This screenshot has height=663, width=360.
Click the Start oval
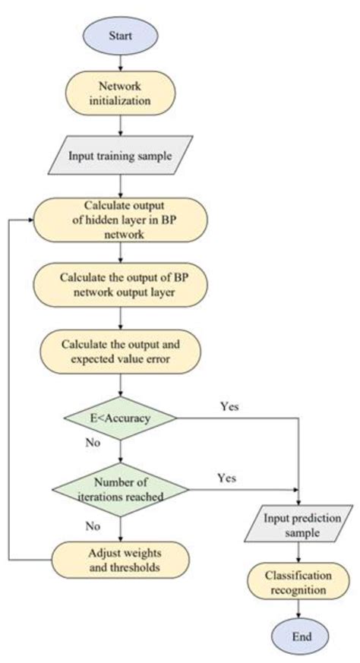point(119,35)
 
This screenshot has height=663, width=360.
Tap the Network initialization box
point(119,90)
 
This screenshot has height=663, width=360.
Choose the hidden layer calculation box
point(119,221)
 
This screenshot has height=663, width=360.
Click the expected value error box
point(119,350)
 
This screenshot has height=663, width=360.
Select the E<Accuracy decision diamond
point(121,418)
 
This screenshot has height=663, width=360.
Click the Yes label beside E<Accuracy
point(229,406)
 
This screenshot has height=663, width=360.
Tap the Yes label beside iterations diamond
point(226,478)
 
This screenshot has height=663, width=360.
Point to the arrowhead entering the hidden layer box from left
point(30,221)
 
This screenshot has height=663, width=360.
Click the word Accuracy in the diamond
point(129,418)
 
